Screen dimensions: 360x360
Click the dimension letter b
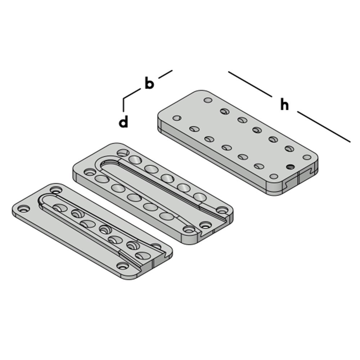click(x=149, y=83)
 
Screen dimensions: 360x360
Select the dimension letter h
click(x=285, y=105)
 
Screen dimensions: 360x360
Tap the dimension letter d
click(x=123, y=122)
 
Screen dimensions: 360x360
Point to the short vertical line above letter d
click(x=123, y=104)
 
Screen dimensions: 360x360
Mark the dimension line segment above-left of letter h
click(x=250, y=84)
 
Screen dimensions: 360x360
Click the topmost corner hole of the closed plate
click(x=208, y=100)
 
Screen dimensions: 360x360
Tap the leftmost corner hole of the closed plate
click(x=177, y=118)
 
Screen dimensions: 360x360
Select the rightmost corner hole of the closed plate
click(x=307, y=157)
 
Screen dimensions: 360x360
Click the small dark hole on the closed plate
click(x=291, y=166)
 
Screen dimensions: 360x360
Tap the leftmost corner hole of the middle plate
click(x=88, y=171)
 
